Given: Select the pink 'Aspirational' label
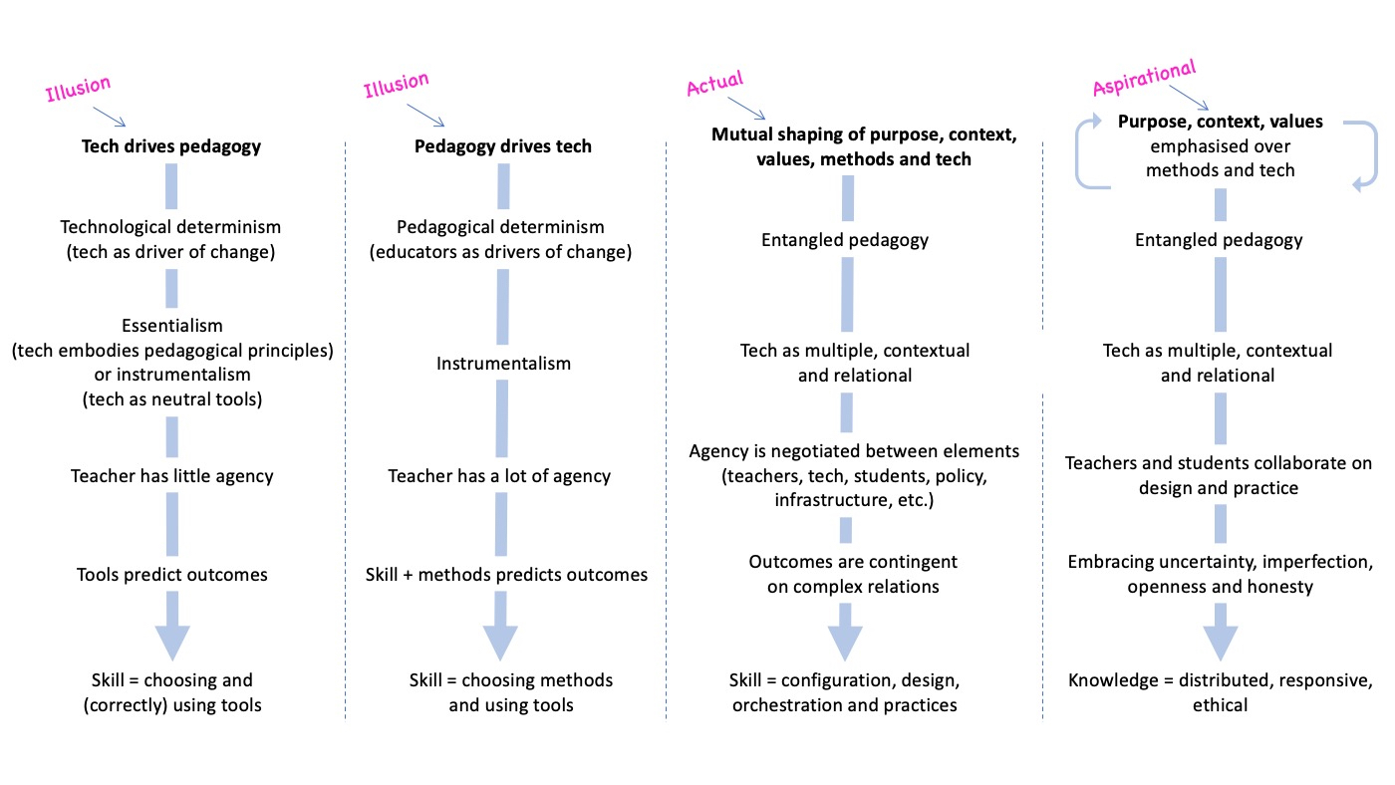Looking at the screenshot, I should pos(1143,79).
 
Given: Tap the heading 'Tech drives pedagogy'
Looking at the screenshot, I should pos(170,146).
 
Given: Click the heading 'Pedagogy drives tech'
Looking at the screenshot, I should pos(502,146).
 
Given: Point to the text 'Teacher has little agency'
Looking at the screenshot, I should pos(171,475).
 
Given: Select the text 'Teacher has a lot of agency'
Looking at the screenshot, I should pos(499,475).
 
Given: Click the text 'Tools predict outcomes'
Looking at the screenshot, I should pos(171,574).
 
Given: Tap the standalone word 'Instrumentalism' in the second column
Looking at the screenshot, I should pos(503,364).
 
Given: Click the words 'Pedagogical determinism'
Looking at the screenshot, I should pos(500,227).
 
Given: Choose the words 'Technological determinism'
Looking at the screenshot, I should pos(170,227).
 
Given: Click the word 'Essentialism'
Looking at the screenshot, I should pos(171,326).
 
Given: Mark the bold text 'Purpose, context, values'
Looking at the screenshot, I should pos(1220,122).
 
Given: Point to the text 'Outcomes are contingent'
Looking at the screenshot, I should pos(853,562).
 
